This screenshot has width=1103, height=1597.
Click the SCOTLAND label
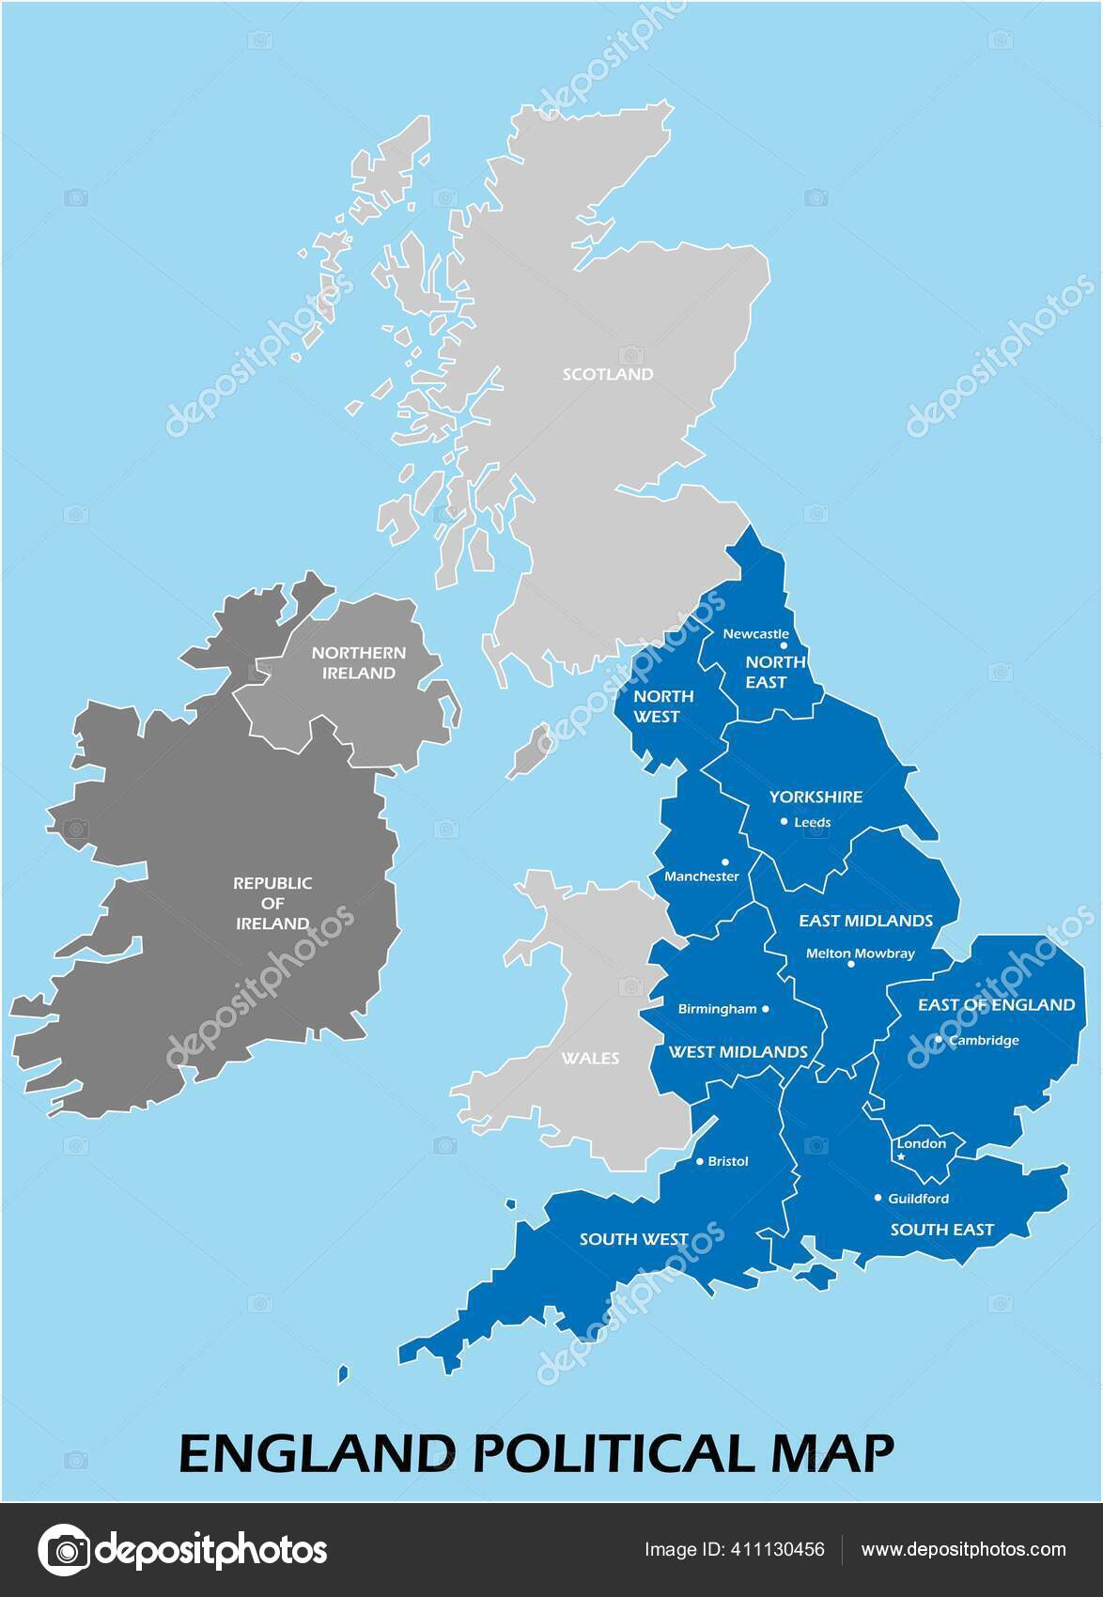coord(607,374)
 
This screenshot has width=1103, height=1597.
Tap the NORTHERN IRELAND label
coord(359,662)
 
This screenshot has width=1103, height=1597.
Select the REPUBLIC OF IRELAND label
coord(272,903)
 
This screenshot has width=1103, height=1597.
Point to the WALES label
coord(590,1058)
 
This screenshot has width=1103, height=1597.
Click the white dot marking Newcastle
coord(785,646)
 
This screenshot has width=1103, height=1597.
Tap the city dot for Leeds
coord(785,821)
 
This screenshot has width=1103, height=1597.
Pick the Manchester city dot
coord(724,861)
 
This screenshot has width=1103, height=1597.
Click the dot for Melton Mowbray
coord(851,964)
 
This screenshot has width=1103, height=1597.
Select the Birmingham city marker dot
coord(765,1009)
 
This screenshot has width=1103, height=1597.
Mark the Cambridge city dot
coord(938,1039)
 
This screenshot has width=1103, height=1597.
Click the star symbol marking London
coord(901,1156)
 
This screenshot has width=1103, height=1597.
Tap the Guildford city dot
coord(878,1198)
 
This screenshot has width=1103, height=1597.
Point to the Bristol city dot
coord(699,1161)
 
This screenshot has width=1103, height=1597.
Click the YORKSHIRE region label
coord(816,797)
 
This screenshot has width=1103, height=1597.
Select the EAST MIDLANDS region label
coord(865,921)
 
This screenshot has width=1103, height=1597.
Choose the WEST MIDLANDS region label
coord(738,1051)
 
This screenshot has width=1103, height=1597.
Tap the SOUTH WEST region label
coord(633,1239)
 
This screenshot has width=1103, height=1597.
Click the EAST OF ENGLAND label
coord(996,1004)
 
